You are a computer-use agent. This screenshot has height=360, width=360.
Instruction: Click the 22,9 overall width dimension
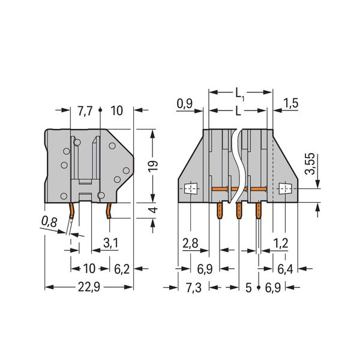pos(89,287)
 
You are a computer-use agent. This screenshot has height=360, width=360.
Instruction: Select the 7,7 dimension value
pos(85,111)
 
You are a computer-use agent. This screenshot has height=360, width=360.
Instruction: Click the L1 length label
pos(239,94)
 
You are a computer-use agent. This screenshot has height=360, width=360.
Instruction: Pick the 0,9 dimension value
pos(184,104)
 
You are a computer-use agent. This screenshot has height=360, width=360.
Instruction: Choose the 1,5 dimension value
pos(291,103)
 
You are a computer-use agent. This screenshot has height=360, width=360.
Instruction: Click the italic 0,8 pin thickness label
pos(49,222)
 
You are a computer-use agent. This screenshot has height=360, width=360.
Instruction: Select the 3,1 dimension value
pos(110,244)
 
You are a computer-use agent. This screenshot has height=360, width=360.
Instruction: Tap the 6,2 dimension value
pos(122,269)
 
